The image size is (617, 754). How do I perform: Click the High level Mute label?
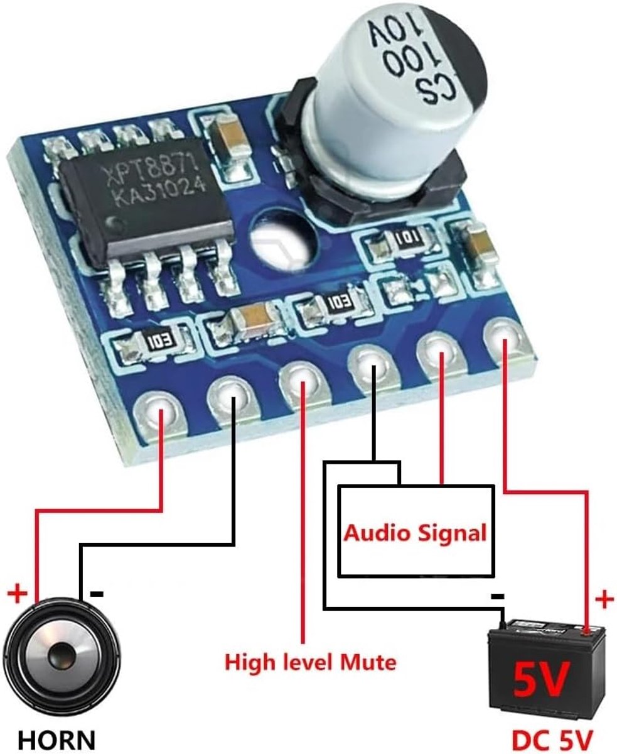pos(310,662)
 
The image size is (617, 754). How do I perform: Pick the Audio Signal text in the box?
pos(415,533)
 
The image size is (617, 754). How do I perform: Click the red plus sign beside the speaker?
pos(17,594)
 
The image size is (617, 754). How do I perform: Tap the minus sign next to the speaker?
pos(97,594)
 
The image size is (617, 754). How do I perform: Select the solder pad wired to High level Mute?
pos(303,385)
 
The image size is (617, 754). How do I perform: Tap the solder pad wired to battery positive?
pos(505,340)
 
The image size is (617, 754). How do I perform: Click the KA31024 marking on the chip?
pos(161,193)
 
